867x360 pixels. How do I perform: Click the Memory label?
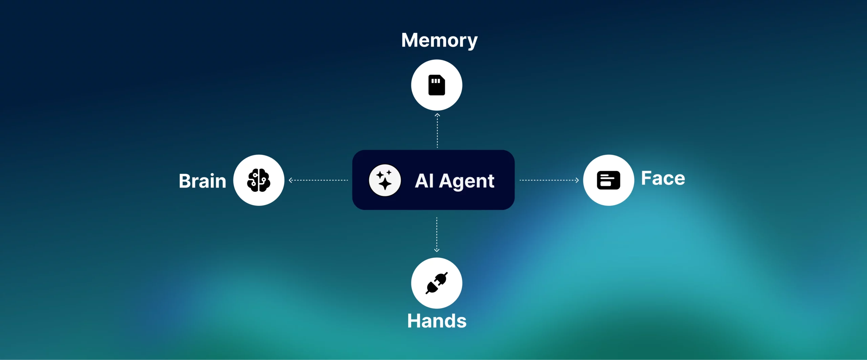[x=439, y=40]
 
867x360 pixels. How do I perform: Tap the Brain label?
[x=203, y=181]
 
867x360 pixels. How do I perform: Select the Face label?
[x=663, y=178]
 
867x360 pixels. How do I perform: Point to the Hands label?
[x=437, y=321]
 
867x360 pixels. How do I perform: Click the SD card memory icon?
[x=437, y=85]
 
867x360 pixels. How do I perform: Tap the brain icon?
[x=259, y=180]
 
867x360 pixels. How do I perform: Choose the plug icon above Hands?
[x=437, y=283]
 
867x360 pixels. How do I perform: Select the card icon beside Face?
[x=608, y=180]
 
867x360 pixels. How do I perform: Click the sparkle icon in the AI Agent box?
[x=385, y=180]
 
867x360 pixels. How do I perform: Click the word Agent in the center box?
[x=467, y=181]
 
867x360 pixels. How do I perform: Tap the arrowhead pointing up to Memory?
[x=437, y=115]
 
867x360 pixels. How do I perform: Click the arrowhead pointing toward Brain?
[x=291, y=180]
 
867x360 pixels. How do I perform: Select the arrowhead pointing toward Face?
[x=577, y=180]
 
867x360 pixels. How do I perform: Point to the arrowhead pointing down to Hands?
[x=437, y=250]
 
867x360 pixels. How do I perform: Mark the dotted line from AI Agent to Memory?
[x=437, y=132]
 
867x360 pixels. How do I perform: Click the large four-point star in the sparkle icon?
[x=385, y=184]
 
